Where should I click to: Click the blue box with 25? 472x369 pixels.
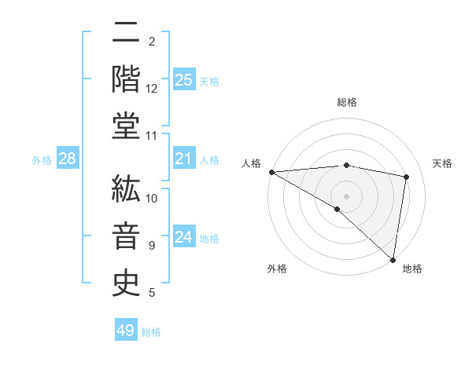183,79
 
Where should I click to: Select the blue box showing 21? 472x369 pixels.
183,159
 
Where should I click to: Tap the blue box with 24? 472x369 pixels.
183,237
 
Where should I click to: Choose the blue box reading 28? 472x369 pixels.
67,159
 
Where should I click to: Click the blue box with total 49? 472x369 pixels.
126,331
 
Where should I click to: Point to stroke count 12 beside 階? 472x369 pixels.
152,89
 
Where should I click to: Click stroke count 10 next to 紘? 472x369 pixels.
152,198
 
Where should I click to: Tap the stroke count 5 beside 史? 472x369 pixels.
152,293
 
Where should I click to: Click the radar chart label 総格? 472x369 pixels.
346,102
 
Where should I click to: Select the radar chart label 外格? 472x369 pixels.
277,269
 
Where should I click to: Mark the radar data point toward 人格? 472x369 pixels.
271,172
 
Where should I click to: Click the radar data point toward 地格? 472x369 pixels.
393,259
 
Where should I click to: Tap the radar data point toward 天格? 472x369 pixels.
407,177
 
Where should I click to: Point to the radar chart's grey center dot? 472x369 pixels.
346,195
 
